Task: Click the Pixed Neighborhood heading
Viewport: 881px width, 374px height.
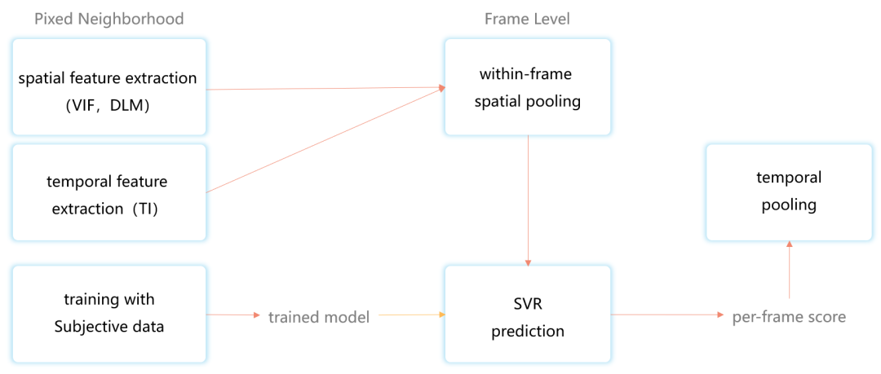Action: point(108,19)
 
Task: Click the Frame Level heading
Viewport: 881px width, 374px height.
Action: point(526,19)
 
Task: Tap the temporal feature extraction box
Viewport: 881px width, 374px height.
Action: point(108,192)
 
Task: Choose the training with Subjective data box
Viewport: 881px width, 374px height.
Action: point(108,314)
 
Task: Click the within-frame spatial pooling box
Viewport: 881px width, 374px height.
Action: point(526,86)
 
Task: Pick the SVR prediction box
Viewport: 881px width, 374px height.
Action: point(526,314)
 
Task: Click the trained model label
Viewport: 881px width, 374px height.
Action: point(319,317)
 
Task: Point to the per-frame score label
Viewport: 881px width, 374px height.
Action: point(788,317)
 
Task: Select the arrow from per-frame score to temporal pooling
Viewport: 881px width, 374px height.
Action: point(789,269)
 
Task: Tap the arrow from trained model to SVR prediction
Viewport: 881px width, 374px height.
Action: point(408,315)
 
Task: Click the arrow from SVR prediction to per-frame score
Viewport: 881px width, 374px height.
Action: point(669,315)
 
